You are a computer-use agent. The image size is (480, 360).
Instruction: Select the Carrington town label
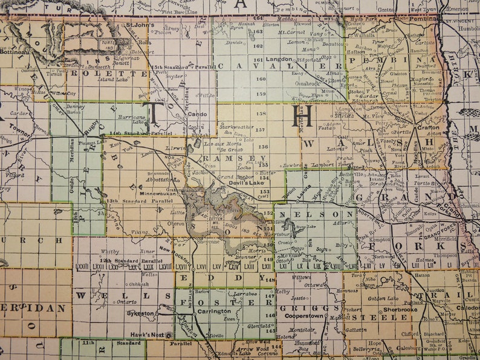pyautogui.click(x=215, y=311)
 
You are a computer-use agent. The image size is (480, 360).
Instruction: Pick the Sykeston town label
pyautogui.click(x=141, y=313)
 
